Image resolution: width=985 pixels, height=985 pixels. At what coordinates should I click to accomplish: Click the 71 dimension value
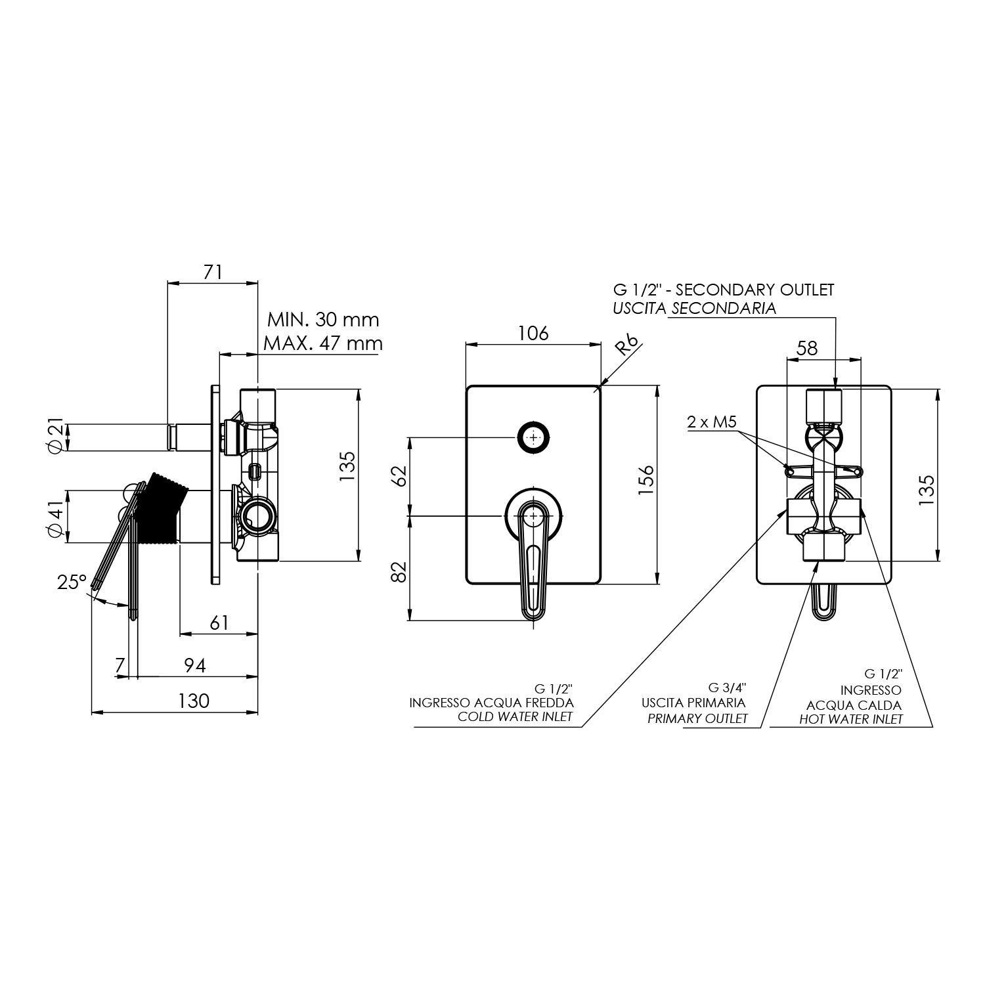click(x=213, y=272)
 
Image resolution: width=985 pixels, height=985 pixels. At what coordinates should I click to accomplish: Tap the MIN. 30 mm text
click(x=323, y=320)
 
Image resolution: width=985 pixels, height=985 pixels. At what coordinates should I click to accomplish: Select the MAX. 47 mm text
click(x=322, y=343)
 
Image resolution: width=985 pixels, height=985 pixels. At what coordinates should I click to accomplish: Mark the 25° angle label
click(x=72, y=582)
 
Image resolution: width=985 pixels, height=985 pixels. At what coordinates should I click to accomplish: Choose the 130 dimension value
click(x=194, y=701)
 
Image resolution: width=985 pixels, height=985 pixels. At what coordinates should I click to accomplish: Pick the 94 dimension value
click(x=194, y=666)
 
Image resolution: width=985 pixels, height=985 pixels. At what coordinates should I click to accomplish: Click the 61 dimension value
click(x=219, y=623)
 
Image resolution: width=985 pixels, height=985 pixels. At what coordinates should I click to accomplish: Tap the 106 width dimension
click(x=533, y=333)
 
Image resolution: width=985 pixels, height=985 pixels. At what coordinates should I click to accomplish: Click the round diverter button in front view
click(x=533, y=437)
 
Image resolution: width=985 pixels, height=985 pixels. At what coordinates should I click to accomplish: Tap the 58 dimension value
click(x=806, y=348)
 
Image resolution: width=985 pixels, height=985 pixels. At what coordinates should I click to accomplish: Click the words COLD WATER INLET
click(x=515, y=716)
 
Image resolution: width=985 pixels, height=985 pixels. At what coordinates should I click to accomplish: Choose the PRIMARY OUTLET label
click(x=697, y=718)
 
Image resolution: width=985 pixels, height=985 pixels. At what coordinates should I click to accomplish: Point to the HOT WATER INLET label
click(x=850, y=719)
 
